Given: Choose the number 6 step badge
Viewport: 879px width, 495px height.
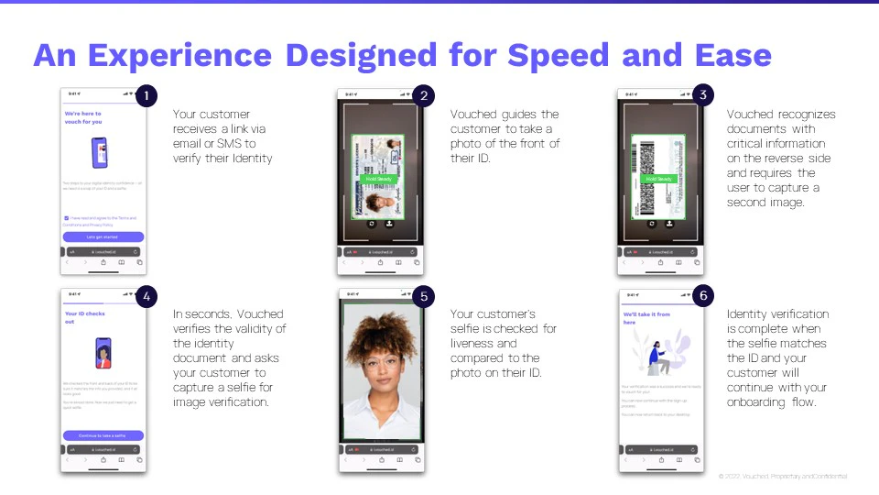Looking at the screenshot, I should click(702, 296).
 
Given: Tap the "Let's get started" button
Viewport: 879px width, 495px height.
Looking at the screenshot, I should click(103, 236).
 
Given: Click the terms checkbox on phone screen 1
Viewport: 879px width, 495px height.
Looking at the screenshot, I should click(65, 218).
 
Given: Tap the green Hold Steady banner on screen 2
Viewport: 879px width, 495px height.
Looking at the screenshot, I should click(379, 180).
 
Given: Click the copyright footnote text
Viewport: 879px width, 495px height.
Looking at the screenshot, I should click(783, 477).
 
